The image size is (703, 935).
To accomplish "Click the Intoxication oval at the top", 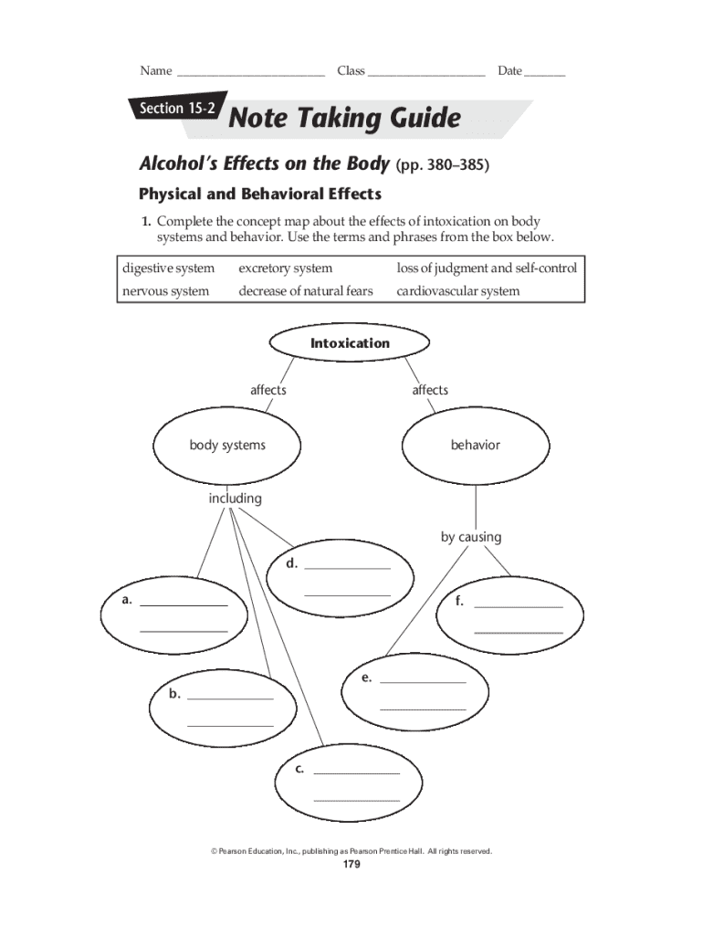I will coord(350,343).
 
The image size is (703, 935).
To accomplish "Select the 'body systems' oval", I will coord(227,445).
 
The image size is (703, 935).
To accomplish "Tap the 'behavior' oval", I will coord(475,445).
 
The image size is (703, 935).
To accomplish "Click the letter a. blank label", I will coord(128,600).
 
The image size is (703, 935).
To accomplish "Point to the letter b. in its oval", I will coord(174,694).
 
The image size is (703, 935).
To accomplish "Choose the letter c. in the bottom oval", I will coord(299,769).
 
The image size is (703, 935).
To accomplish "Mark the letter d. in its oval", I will coord(291,563).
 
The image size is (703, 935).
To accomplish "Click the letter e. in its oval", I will coord(366,678).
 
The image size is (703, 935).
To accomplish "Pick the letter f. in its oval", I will coord(460,601).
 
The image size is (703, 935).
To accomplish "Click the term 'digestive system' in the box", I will coord(169,268).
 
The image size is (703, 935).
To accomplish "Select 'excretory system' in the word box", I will coord(286,268).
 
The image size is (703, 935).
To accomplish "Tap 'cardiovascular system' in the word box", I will coord(457,291).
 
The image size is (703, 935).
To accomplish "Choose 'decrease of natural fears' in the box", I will coord(306,291).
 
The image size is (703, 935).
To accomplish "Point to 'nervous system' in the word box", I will coord(165,291).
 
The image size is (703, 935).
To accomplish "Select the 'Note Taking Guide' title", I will coord(344,118).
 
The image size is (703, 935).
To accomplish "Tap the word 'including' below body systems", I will coord(235,499).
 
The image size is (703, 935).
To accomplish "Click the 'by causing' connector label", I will coord(471,537).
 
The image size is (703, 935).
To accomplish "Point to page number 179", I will coord(351,866).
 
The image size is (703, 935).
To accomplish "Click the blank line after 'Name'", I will coord(251,71).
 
